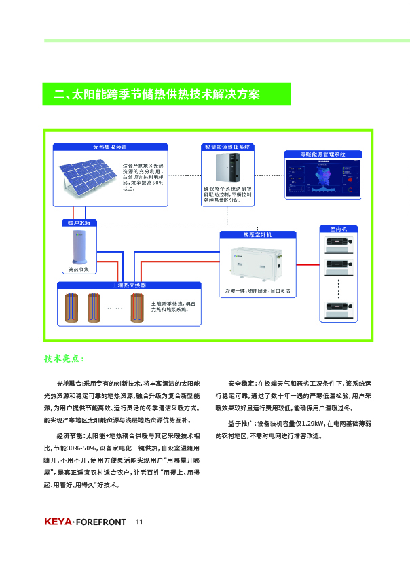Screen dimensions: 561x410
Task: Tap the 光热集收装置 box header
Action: click(110, 147)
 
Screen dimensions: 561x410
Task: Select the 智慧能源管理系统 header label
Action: click(227, 147)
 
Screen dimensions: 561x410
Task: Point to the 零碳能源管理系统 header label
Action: click(323, 154)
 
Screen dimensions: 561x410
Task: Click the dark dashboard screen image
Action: click(323, 178)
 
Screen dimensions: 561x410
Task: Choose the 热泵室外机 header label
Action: click(257, 234)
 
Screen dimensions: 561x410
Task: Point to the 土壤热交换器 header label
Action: click(129, 285)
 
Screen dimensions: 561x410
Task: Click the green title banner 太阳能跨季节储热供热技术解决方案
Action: click(166, 94)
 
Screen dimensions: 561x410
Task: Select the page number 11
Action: click(139, 522)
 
